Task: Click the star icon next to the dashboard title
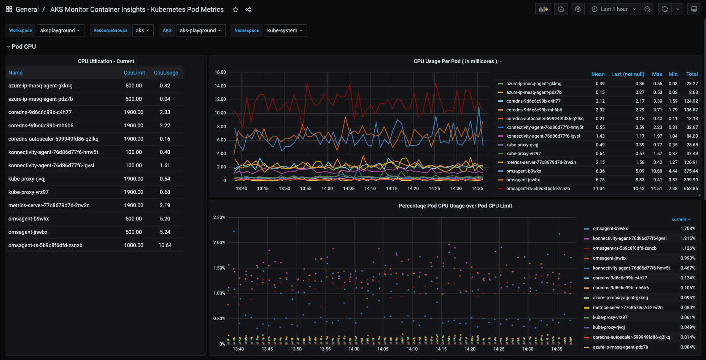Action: (235, 10)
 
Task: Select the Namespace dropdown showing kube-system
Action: (285, 30)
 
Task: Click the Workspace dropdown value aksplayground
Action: (60, 30)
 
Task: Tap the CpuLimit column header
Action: (134, 73)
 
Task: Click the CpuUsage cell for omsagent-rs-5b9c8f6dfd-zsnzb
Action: (165, 245)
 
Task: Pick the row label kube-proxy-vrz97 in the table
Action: (29, 192)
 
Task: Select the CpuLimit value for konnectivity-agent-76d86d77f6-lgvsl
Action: (134, 165)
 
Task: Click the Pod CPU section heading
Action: (24, 46)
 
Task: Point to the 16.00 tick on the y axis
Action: (220, 72)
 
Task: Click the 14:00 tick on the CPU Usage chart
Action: (327, 189)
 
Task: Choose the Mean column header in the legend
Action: (598, 74)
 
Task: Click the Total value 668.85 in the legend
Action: (691, 189)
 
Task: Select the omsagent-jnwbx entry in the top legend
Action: (523, 180)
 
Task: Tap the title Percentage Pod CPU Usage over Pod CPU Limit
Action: (455, 206)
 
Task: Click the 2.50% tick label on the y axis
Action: (219, 217)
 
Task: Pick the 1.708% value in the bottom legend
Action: (688, 228)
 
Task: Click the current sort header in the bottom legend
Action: (681, 219)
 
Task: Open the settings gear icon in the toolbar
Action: (578, 9)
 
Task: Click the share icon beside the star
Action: (248, 10)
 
